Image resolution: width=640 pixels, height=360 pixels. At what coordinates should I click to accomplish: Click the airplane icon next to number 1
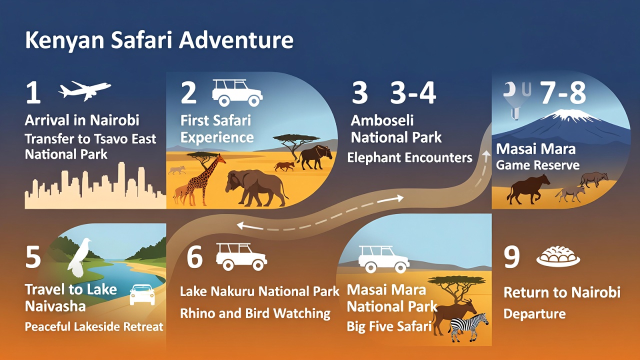[84, 90]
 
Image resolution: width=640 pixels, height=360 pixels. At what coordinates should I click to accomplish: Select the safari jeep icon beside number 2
[237, 92]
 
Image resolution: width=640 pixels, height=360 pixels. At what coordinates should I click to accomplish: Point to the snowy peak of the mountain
[564, 116]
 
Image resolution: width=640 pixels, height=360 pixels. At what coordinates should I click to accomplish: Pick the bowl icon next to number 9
[558, 256]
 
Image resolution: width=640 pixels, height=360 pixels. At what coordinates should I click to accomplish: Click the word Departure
[534, 314]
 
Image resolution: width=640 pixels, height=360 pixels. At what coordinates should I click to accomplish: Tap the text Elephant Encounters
[410, 158]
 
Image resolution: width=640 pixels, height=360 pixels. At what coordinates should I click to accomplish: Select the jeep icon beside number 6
[241, 255]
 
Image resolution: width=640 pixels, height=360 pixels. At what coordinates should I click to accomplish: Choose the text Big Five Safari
[389, 327]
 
